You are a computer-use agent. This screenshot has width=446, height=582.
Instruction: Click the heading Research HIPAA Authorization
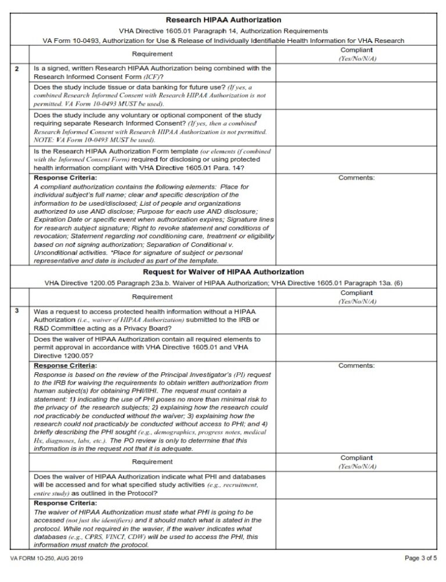coord(224,20)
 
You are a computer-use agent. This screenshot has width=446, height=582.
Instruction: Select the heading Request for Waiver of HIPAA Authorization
coord(224,271)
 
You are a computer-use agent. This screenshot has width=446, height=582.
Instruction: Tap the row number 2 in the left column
coord(17,69)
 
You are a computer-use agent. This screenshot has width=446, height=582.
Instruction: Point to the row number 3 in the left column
coord(17,311)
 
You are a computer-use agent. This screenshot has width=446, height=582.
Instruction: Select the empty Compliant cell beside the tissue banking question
coord(356,95)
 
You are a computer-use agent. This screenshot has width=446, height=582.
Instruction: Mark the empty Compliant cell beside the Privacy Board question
coord(356,319)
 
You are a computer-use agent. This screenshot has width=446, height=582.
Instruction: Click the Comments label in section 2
coord(356,178)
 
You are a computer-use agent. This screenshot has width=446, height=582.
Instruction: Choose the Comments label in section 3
coord(356,365)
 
